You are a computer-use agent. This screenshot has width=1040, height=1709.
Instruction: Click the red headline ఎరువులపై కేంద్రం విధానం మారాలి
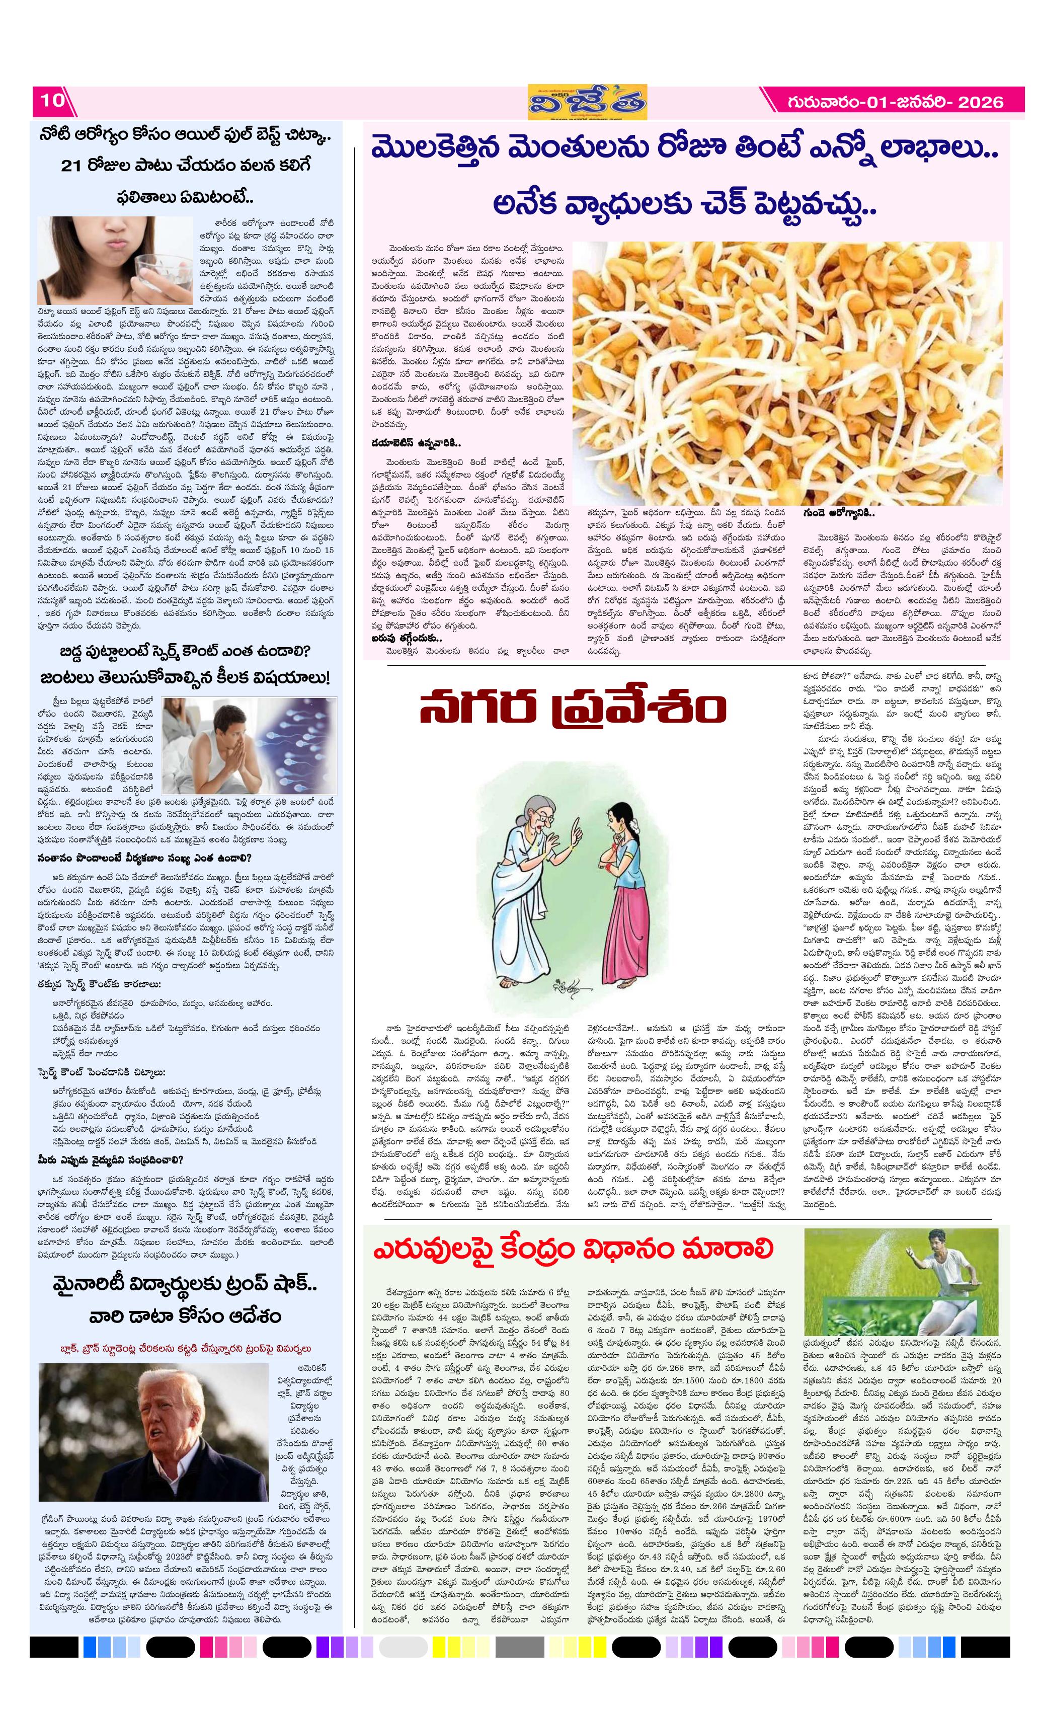click(573, 1249)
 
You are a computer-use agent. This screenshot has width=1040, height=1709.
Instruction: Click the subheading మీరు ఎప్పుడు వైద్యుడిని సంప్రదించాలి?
click(111, 1159)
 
